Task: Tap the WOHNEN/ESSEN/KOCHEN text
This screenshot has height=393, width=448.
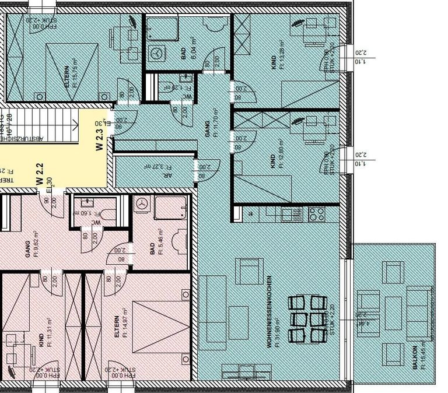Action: point(272,311)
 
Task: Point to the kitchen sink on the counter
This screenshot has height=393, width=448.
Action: point(288,213)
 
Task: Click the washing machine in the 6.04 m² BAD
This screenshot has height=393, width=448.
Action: point(156,52)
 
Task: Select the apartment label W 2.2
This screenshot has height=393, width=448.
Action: point(40,173)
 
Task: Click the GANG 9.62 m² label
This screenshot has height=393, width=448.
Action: point(30,247)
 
